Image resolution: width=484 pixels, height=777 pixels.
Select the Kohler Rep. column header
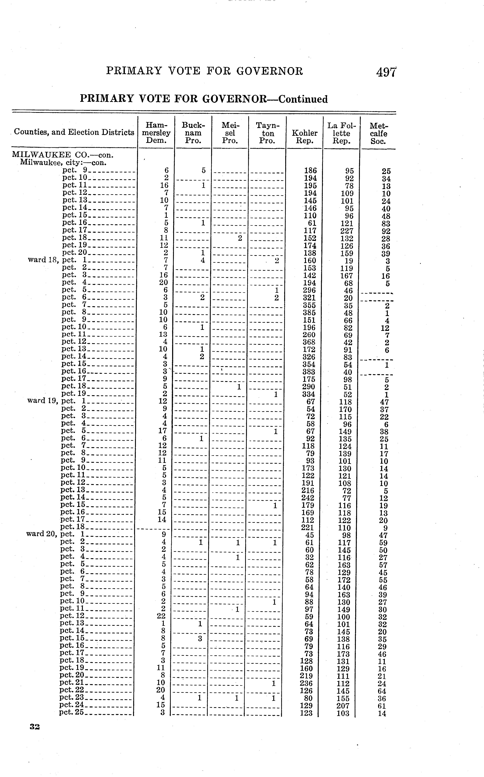304,136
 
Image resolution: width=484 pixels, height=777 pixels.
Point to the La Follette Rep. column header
341,133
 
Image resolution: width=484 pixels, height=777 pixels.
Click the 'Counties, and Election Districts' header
74,132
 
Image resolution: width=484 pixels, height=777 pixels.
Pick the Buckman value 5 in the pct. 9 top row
203,170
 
